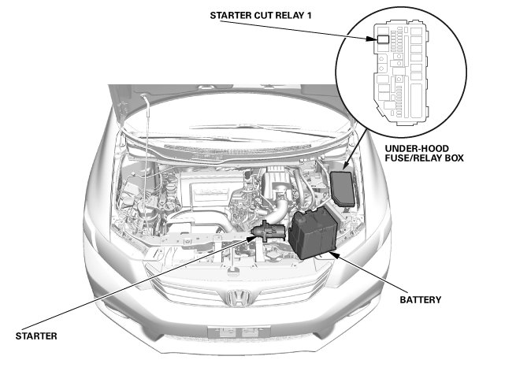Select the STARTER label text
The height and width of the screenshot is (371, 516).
coord(36,336)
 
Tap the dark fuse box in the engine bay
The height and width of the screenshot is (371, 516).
coord(344,187)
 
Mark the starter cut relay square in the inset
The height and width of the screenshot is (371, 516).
coord(381,38)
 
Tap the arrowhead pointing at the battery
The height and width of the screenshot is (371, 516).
coord(336,254)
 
